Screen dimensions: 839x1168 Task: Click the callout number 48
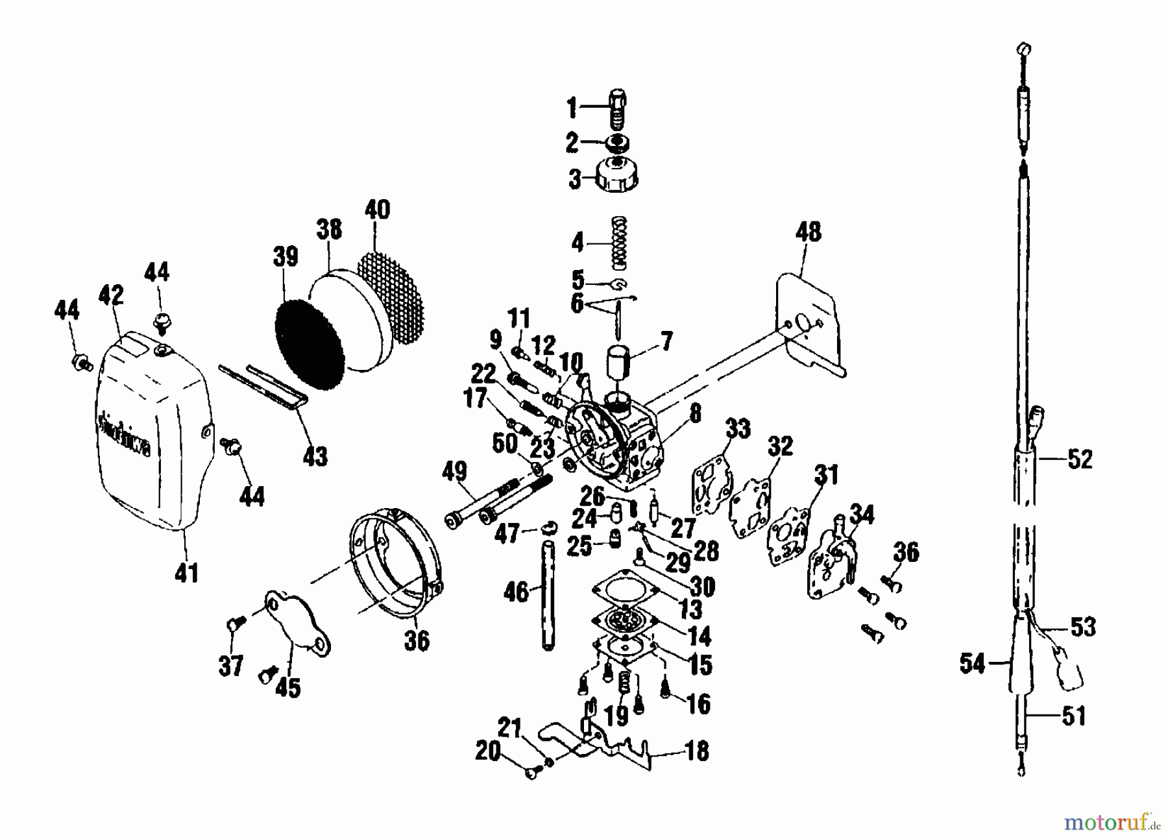[x=808, y=232]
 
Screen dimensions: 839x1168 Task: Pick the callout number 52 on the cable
[x=1080, y=460]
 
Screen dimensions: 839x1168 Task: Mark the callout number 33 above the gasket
[x=737, y=429]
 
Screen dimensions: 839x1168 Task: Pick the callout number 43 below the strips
[x=315, y=456]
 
